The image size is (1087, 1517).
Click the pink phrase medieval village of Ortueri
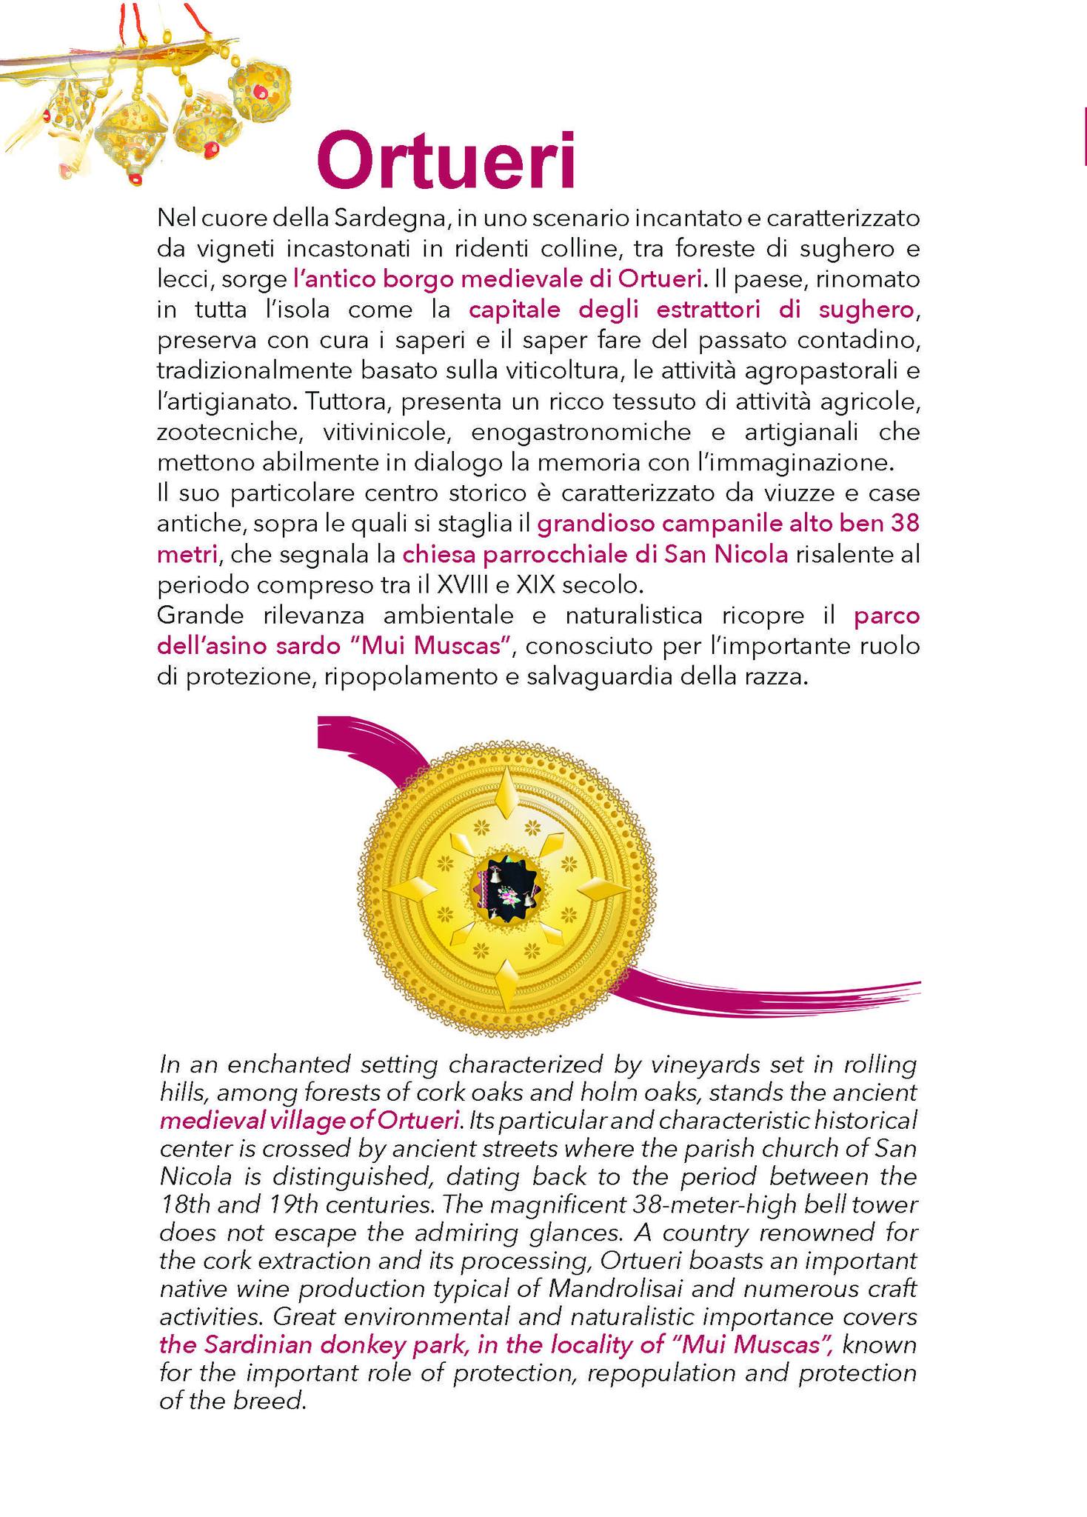point(308,1119)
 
